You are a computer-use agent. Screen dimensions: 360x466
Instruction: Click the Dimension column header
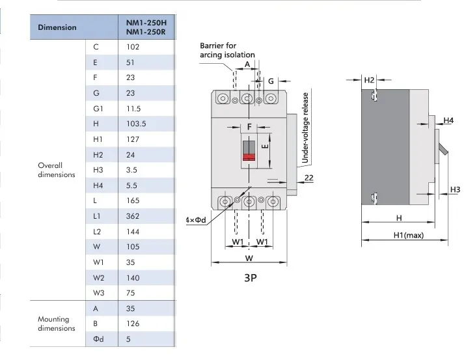click(x=57, y=27)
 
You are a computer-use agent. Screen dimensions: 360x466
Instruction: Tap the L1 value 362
click(x=133, y=216)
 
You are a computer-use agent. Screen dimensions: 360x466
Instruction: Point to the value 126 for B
click(x=133, y=324)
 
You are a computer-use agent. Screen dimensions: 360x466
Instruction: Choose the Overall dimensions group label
click(x=57, y=170)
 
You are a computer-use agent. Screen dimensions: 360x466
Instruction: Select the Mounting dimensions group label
click(x=57, y=324)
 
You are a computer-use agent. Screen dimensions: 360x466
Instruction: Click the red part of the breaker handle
click(x=249, y=156)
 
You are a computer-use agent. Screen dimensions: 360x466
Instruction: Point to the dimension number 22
click(x=309, y=177)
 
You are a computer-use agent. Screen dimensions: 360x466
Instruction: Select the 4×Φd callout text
click(x=196, y=220)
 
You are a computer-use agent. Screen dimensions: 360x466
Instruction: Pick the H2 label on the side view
click(x=369, y=80)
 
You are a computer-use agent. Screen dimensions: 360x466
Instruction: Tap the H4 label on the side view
click(x=448, y=120)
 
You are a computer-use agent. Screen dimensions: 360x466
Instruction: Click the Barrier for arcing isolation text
click(x=227, y=51)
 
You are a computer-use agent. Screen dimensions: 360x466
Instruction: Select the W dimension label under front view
click(x=249, y=257)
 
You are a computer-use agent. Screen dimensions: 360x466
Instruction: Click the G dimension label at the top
click(x=270, y=81)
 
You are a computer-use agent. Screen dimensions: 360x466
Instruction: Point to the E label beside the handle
click(x=264, y=148)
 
